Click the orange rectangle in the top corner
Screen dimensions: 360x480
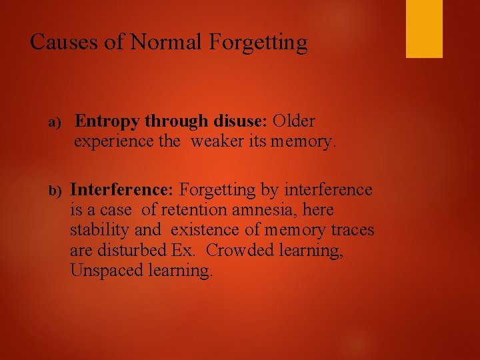click(424, 29)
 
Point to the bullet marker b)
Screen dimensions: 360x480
click(55, 191)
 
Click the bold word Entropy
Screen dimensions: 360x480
click(107, 122)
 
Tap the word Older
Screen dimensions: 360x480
click(294, 121)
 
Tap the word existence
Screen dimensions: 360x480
click(203, 231)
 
